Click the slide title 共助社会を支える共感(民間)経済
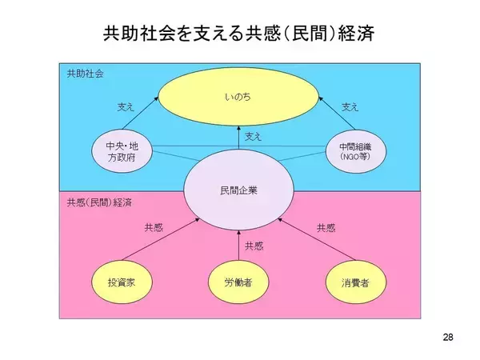click(x=238, y=33)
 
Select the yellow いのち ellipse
click(x=238, y=97)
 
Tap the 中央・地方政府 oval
click(x=122, y=151)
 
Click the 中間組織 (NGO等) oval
click(x=355, y=151)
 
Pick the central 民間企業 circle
click(x=238, y=190)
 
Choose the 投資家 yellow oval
click(x=122, y=282)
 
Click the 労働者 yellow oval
click(x=238, y=282)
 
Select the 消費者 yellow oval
click(x=355, y=282)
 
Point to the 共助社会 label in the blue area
click(x=85, y=74)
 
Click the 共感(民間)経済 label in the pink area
click(x=99, y=202)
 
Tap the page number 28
click(x=448, y=337)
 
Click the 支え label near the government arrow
click(x=126, y=107)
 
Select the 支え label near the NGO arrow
click(x=350, y=107)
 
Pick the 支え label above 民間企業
click(x=253, y=137)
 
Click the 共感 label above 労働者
click(x=254, y=246)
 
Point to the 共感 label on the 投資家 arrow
click(x=154, y=227)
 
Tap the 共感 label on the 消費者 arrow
click(x=326, y=228)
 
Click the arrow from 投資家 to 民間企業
click(x=161, y=239)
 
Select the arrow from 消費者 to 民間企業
click(x=317, y=239)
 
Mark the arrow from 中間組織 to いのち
click(x=337, y=114)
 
